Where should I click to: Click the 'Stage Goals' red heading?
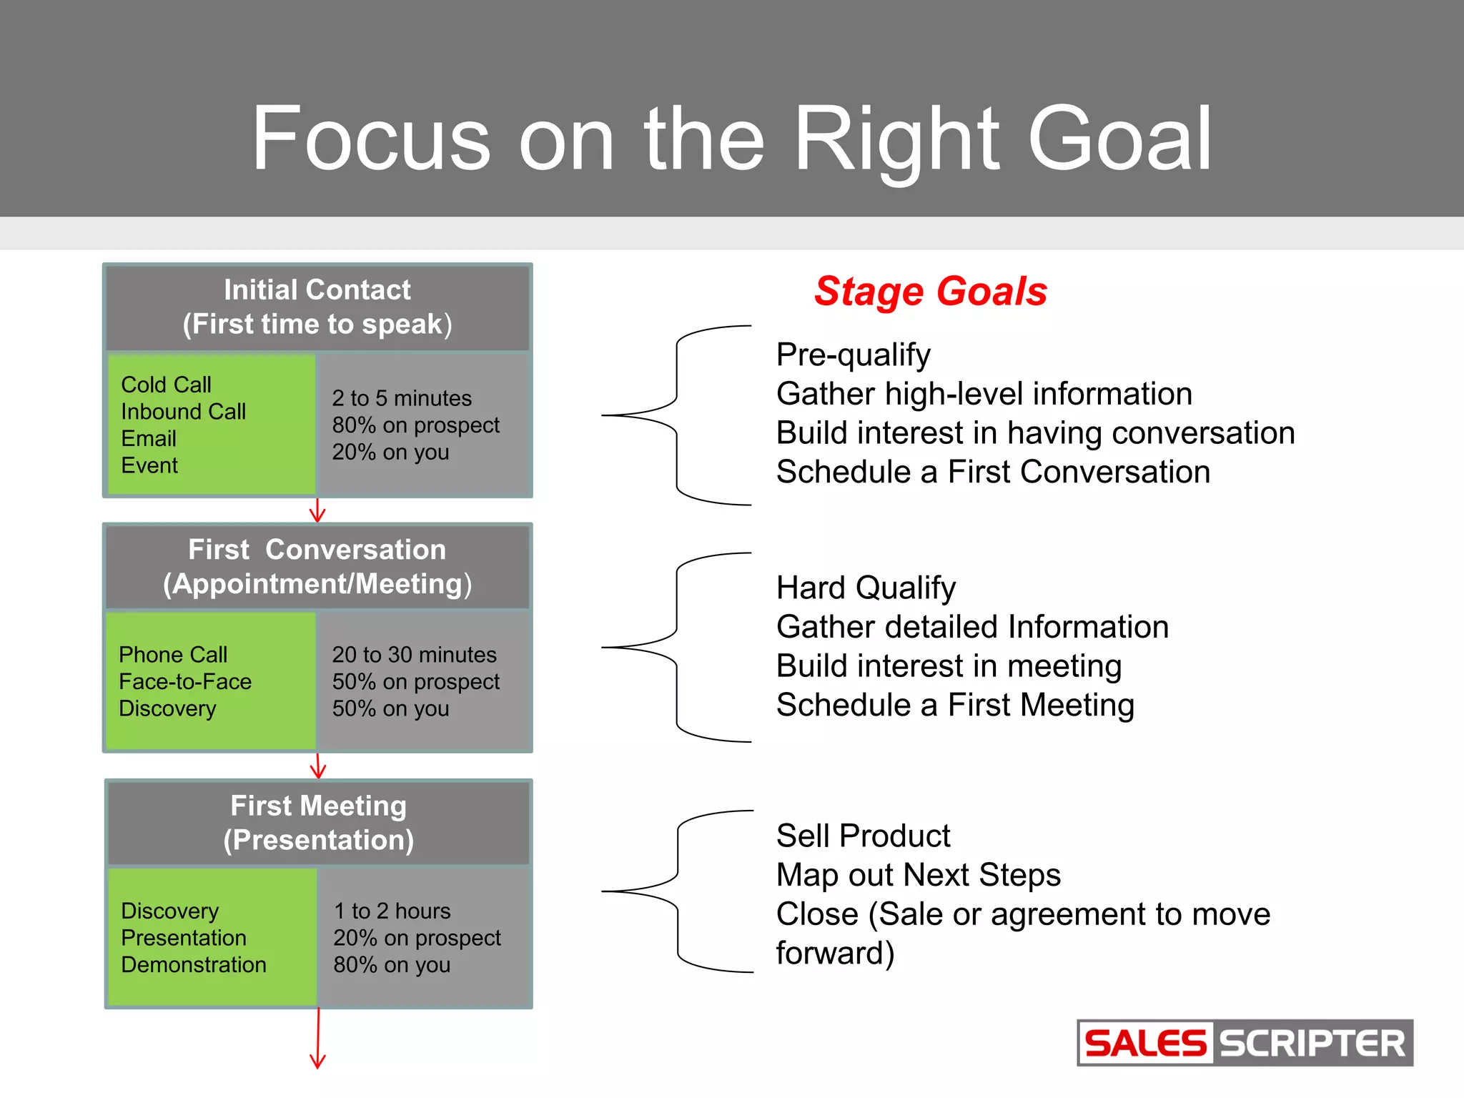point(930,292)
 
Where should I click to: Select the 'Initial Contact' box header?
point(317,307)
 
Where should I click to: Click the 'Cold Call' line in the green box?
point(166,385)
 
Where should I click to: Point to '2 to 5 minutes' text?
point(402,398)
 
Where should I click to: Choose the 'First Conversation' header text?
point(317,550)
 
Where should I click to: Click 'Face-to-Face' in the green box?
point(185,681)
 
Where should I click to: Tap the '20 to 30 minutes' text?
point(414,655)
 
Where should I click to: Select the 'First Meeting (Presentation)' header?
point(318,823)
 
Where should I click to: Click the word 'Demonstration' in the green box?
point(194,965)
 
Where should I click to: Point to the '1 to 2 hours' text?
point(392,911)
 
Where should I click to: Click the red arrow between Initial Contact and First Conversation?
point(317,511)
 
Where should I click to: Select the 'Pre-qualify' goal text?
point(853,355)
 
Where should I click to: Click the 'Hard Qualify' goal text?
point(866,588)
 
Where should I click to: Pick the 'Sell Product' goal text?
point(863,836)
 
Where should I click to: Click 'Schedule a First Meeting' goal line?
point(955,706)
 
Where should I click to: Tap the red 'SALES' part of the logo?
point(1144,1044)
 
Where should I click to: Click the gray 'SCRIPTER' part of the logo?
point(1312,1044)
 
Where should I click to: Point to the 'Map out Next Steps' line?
point(918,875)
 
